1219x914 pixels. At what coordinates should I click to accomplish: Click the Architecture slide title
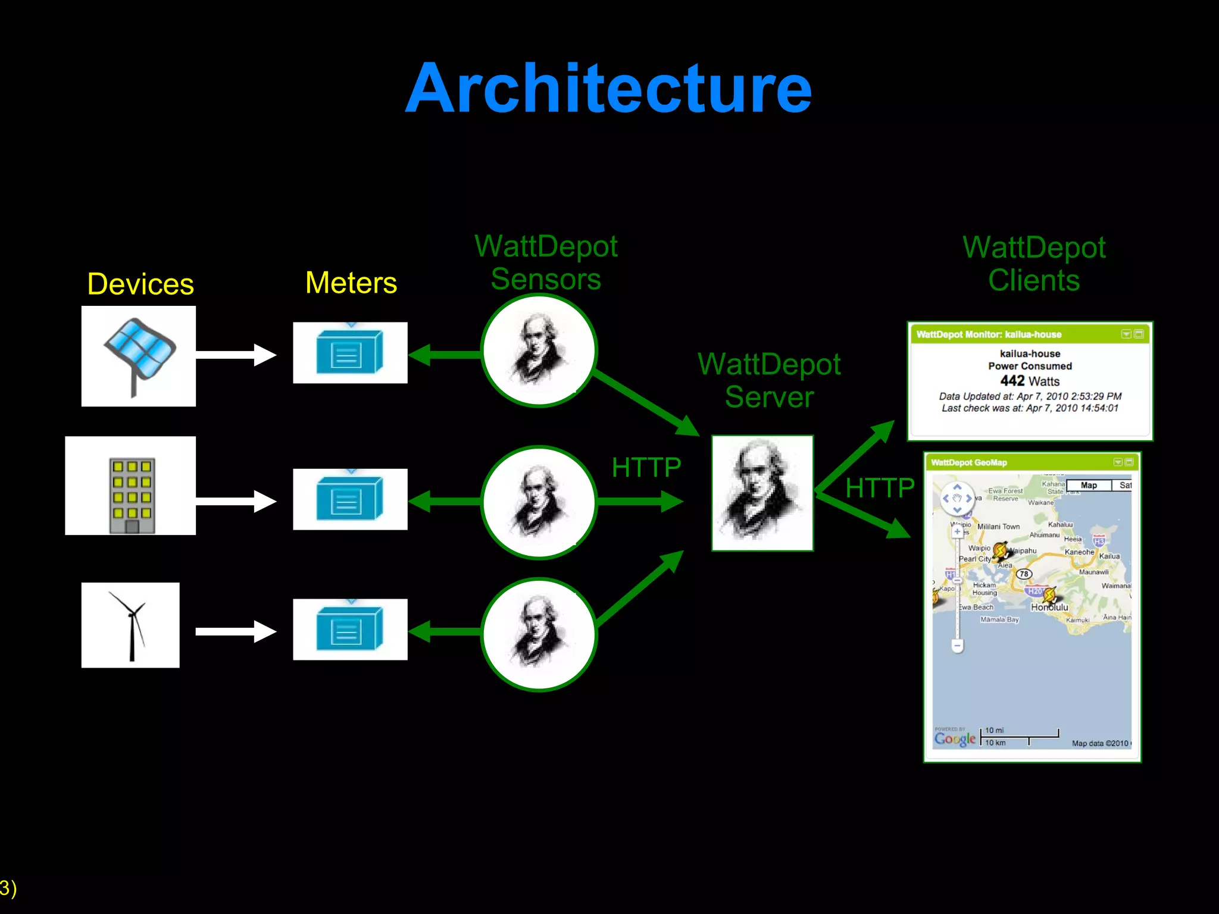pyautogui.click(x=608, y=89)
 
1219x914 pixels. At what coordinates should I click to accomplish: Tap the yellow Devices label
pyautogui.click(x=140, y=284)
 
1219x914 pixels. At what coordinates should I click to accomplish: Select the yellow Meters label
pyautogui.click(x=351, y=283)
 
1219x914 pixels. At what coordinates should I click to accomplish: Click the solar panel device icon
pyautogui.click(x=139, y=356)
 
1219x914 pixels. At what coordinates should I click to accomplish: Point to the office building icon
pyautogui.click(x=132, y=494)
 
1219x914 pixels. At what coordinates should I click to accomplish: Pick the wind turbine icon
pyautogui.click(x=131, y=625)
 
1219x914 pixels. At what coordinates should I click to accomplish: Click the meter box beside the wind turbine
pyautogui.click(x=350, y=629)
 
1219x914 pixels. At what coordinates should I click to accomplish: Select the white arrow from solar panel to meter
pyautogui.click(x=236, y=355)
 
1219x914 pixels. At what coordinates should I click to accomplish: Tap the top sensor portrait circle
pyautogui.click(x=539, y=351)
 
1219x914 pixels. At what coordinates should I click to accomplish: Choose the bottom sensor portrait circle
pyautogui.click(x=539, y=634)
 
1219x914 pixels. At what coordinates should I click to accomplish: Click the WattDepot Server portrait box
pyautogui.click(x=762, y=493)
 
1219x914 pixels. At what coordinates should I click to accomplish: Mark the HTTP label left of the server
pyautogui.click(x=646, y=467)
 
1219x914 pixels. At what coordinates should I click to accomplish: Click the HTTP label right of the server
pyautogui.click(x=880, y=488)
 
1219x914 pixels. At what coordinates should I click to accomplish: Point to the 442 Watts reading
pyautogui.click(x=1030, y=381)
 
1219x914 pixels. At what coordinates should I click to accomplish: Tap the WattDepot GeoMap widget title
pyautogui.click(x=969, y=462)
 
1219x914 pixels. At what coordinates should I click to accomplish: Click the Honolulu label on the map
pyautogui.click(x=1049, y=608)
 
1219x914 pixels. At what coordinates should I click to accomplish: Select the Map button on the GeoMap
pyautogui.click(x=1089, y=486)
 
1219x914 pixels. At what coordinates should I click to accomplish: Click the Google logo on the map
pyautogui.click(x=955, y=738)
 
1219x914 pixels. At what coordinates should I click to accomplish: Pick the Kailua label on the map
pyautogui.click(x=1109, y=556)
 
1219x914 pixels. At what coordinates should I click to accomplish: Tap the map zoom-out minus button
pyautogui.click(x=957, y=645)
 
